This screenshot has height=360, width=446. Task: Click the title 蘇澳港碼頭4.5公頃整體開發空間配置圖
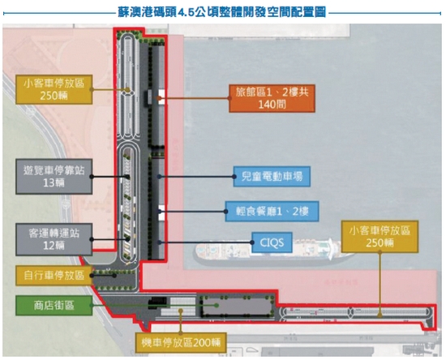tap(221, 12)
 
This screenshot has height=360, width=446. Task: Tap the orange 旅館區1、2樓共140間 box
tap(272, 98)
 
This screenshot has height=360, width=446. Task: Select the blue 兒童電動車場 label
tap(272, 176)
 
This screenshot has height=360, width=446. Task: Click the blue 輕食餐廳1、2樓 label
tap(272, 212)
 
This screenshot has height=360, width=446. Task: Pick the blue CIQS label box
tap(272, 242)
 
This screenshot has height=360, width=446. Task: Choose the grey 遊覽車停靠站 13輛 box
tap(54, 177)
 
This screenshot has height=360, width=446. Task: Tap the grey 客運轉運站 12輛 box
tap(54, 239)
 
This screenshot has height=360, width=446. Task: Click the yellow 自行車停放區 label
tap(54, 275)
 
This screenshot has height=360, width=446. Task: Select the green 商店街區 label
tap(54, 306)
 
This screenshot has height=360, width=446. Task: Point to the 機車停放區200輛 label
tap(181, 342)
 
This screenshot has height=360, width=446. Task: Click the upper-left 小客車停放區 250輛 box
tap(54, 89)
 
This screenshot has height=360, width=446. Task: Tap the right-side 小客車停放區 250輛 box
tap(380, 237)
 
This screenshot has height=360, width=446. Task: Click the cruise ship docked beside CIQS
tap(273, 251)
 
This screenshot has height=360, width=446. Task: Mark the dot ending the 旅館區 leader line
tap(159, 98)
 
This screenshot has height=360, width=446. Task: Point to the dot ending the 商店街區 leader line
tap(217, 305)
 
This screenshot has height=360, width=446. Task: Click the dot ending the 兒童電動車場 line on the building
tap(159, 177)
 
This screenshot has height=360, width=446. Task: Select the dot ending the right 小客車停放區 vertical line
tap(380, 315)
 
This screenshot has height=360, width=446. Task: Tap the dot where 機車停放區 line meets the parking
tap(181, 311)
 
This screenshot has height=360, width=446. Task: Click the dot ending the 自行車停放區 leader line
tap(114, 275)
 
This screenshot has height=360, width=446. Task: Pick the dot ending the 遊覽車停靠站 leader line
tap(128, 177)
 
